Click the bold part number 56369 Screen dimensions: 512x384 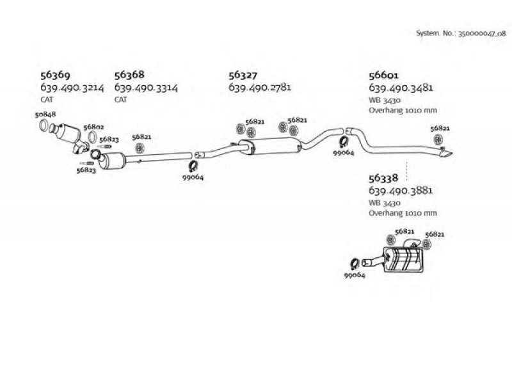pyautogui.click(x=55, y=76)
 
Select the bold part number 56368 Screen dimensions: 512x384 pyautogui.click(x=129, y=75)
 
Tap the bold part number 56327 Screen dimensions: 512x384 pyautogui.click(x=243, y=75)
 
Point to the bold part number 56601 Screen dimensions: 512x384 pyautogui.click(x=383, y=76)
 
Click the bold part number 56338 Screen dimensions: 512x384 pyautogui.click(x=383, y=178)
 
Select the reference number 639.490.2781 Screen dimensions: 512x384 pyautogui.click(x=260, y=88)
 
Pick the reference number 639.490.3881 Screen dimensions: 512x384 pyautogui.click(x=401, y=190)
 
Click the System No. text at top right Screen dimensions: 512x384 pyautogui.click(x=461, y=33)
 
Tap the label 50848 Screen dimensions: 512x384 pyautogui.click(x=45, y=115)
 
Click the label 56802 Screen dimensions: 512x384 pyautogui.click(x=93, y=127)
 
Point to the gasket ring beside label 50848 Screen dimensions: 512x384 pyautogui.click(x=44, y=125)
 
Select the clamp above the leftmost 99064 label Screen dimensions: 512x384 pyautogui.click(x=193, y=166)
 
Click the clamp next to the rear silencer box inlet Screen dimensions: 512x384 pyautogui.click(x=355, y=264)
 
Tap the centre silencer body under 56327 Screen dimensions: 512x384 pyautogui.click(x=270, y=147)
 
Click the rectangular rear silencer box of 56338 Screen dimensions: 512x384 pyautogui.click(x=404, y=260)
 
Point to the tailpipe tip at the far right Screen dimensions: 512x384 pyautogui.click(x=446, y=153)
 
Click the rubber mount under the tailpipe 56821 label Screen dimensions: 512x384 pyautogui.click(x=437, y=139)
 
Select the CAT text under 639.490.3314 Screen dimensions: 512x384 pyautogui.click(x=120, y=100)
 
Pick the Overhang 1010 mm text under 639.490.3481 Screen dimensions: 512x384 pyautogui.click(x=403, y=110)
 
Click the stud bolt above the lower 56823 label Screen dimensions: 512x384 pyautogui.click(x=86, y=163)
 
